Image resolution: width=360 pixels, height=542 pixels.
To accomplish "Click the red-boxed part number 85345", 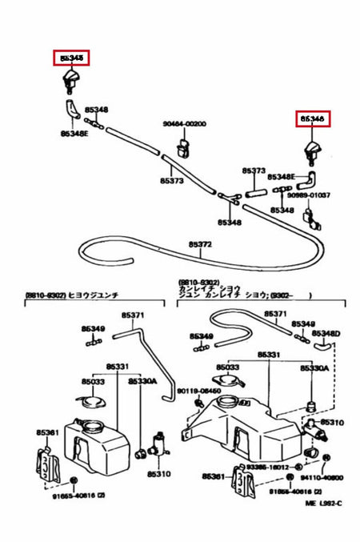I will (x=71, y=57).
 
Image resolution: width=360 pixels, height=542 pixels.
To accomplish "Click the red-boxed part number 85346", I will (x=312, y=118).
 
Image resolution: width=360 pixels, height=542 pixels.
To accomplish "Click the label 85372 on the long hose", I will (x=200, y=243).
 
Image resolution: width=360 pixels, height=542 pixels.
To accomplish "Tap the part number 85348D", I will (x=326, y=332).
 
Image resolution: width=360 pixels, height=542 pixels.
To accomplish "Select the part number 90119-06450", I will (x=194, y=390).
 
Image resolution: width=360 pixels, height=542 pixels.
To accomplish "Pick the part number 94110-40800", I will (x=322, y=476).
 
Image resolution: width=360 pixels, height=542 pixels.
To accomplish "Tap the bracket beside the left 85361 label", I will (x=48, y=461).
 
